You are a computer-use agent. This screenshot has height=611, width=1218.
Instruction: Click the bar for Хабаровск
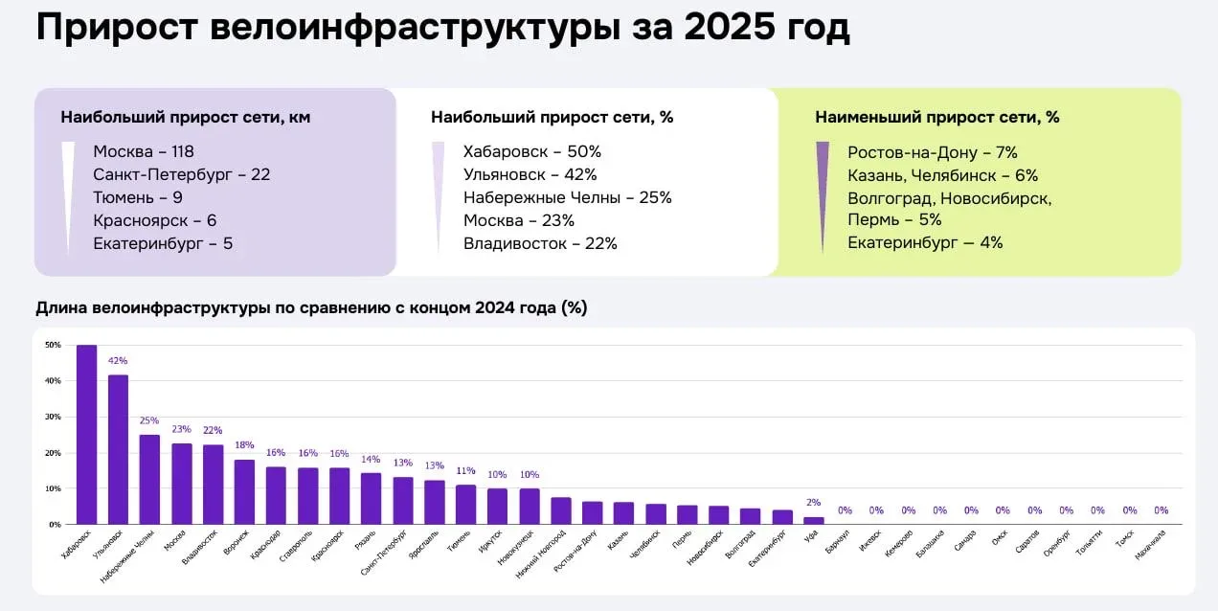(x=86, y=436)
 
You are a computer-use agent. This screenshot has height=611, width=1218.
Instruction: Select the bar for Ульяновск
(x=118, y=450)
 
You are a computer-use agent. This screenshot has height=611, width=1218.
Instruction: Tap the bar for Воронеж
(x=244, y=492)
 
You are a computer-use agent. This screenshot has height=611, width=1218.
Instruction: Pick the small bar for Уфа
(x=813, y=520)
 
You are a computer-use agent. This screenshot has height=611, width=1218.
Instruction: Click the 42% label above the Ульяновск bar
(x=118, y=361)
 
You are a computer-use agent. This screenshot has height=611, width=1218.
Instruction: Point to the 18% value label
(x=244, y=445)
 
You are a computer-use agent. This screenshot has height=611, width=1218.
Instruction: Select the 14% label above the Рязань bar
(x=371, y=460)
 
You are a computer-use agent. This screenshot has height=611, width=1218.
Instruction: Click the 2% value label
(x=813, y=503)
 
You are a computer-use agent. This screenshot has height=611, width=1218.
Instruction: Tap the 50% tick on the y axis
(x=53, y=345)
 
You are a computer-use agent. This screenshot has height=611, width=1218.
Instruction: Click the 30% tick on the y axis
(x=53, y=417)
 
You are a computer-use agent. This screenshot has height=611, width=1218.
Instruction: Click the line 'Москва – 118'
(x=144, y=151)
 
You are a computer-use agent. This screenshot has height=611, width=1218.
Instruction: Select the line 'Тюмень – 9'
(x=138, y=197)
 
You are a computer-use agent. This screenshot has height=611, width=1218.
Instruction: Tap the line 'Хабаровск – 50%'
(x=531, y=151)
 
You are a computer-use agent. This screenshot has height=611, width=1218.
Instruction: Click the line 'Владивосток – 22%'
(x=540, y=243)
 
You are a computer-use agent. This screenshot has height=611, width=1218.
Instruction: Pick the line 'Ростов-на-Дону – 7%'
(x=932, y=152)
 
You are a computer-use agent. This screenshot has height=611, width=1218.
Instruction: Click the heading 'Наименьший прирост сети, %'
(x=936, y=117)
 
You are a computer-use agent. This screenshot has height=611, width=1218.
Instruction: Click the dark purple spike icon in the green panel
(x=822, y=192)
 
